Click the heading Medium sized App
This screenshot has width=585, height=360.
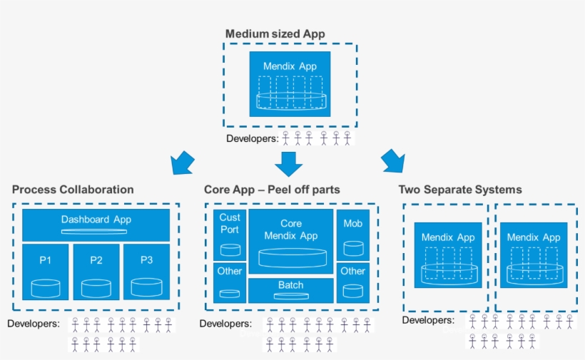coord(275,34)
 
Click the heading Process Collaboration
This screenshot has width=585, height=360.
coord(73,190)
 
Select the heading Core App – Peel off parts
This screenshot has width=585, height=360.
coord(272,190)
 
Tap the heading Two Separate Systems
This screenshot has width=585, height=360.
coord(459,190)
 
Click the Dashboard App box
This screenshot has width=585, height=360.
coord(96,225)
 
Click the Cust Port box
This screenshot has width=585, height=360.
coord(230,235)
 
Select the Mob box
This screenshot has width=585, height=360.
coord(352,235)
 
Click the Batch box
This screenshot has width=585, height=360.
coord(290,289)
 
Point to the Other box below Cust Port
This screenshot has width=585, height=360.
coord(230,282)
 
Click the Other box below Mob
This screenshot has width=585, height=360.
coord(352,282)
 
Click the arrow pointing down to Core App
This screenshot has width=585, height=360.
coord(289,163)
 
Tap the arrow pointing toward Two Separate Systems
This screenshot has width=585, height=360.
coord(392,161)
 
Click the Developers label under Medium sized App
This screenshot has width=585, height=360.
coord(252,138)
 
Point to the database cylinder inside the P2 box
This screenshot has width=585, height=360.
coord(96,288)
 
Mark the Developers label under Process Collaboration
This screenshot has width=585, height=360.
coord(34,324)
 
